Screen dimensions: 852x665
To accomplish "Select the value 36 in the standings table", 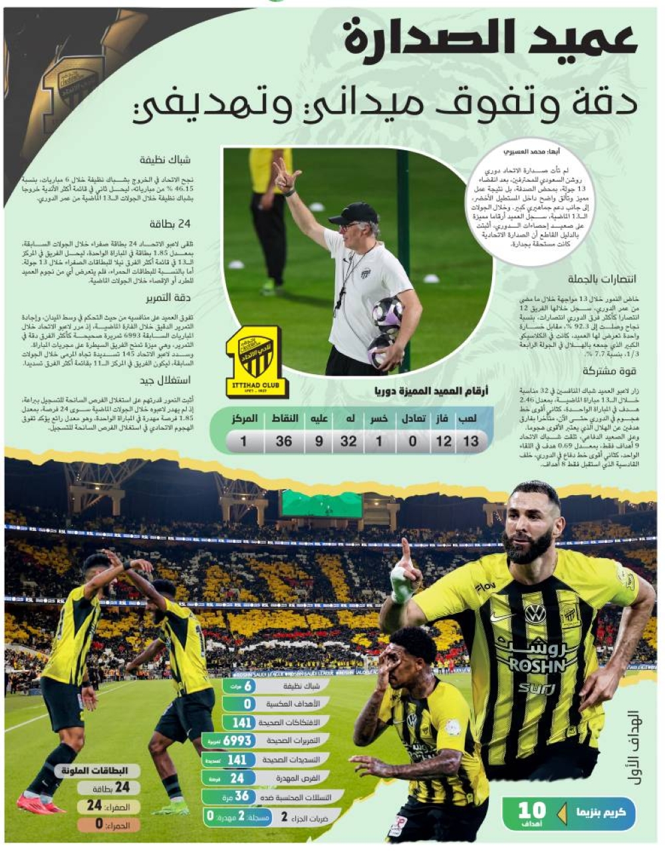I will [284, 441].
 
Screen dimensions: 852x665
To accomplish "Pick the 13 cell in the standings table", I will [471, 441].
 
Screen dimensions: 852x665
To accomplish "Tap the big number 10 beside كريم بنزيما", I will [531, 811].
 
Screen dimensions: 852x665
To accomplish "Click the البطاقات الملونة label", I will [99, 771].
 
